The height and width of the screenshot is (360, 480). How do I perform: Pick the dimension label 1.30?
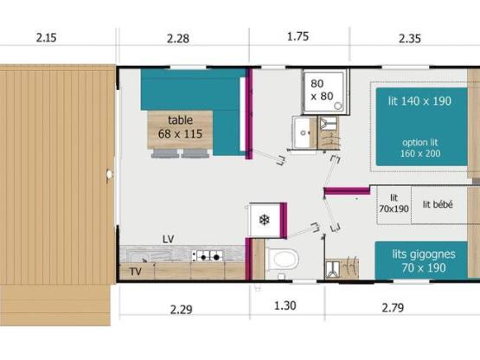(x=285, y=306)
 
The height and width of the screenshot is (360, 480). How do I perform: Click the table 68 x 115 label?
(x=180, y=127)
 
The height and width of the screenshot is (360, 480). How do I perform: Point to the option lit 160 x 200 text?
(x=421, y=148)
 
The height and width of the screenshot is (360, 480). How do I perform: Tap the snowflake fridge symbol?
(x=263, y=219)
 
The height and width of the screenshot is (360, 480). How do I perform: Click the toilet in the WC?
(x=282, y=259)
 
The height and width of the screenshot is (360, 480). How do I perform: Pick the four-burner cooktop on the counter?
(x=208, y=256)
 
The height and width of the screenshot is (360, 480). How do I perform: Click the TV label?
(x=135, y=272)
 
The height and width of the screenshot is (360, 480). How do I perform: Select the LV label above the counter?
(x=168, y=237)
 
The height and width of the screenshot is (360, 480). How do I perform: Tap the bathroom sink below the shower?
(x=304, y=133)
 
